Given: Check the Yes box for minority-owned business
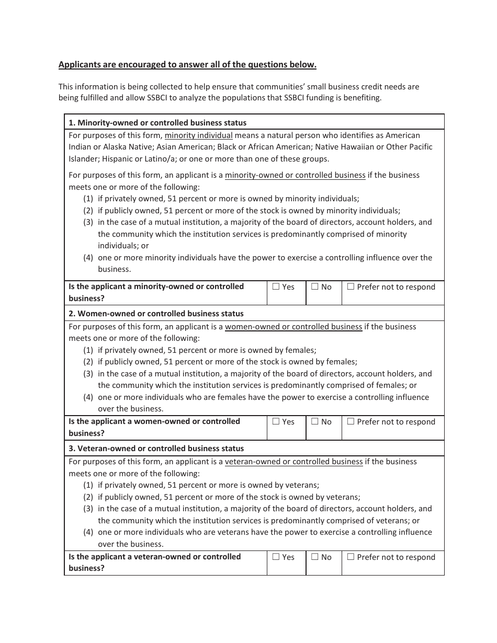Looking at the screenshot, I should click(276, 286).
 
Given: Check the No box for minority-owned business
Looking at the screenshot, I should click(315, 286).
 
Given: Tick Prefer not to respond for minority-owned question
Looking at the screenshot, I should click(351, 286).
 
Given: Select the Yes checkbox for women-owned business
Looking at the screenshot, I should click(276, 421).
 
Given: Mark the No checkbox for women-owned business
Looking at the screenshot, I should click(315, 421).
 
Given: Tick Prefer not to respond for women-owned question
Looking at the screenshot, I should click(351, 421).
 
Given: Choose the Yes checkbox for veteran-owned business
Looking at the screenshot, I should click(276, 557).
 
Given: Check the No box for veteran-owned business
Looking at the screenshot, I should click(315, 557).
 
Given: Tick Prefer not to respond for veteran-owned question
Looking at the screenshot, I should click(351, 557).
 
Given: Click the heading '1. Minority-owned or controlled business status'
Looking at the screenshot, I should click(157, 123).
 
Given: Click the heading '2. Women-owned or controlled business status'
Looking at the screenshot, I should click(156, 314).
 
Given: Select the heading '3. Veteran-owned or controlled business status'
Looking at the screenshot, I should click(156, 449).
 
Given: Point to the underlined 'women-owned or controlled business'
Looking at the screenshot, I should click(293, 327).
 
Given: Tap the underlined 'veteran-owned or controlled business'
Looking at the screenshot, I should click(293, 462).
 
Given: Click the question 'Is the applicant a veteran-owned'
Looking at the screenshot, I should click(154, 557).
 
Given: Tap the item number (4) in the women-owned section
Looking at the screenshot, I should click(88, 397).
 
